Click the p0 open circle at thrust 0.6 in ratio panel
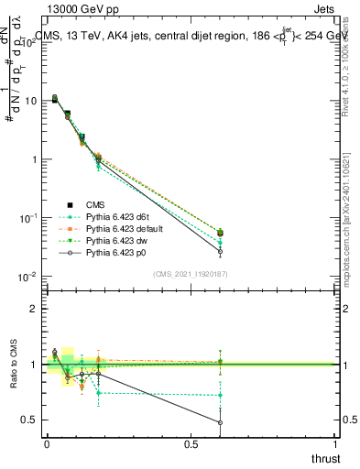[220, 422]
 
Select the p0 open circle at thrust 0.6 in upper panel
[220, 252]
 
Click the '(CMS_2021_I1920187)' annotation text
[191, 273]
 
